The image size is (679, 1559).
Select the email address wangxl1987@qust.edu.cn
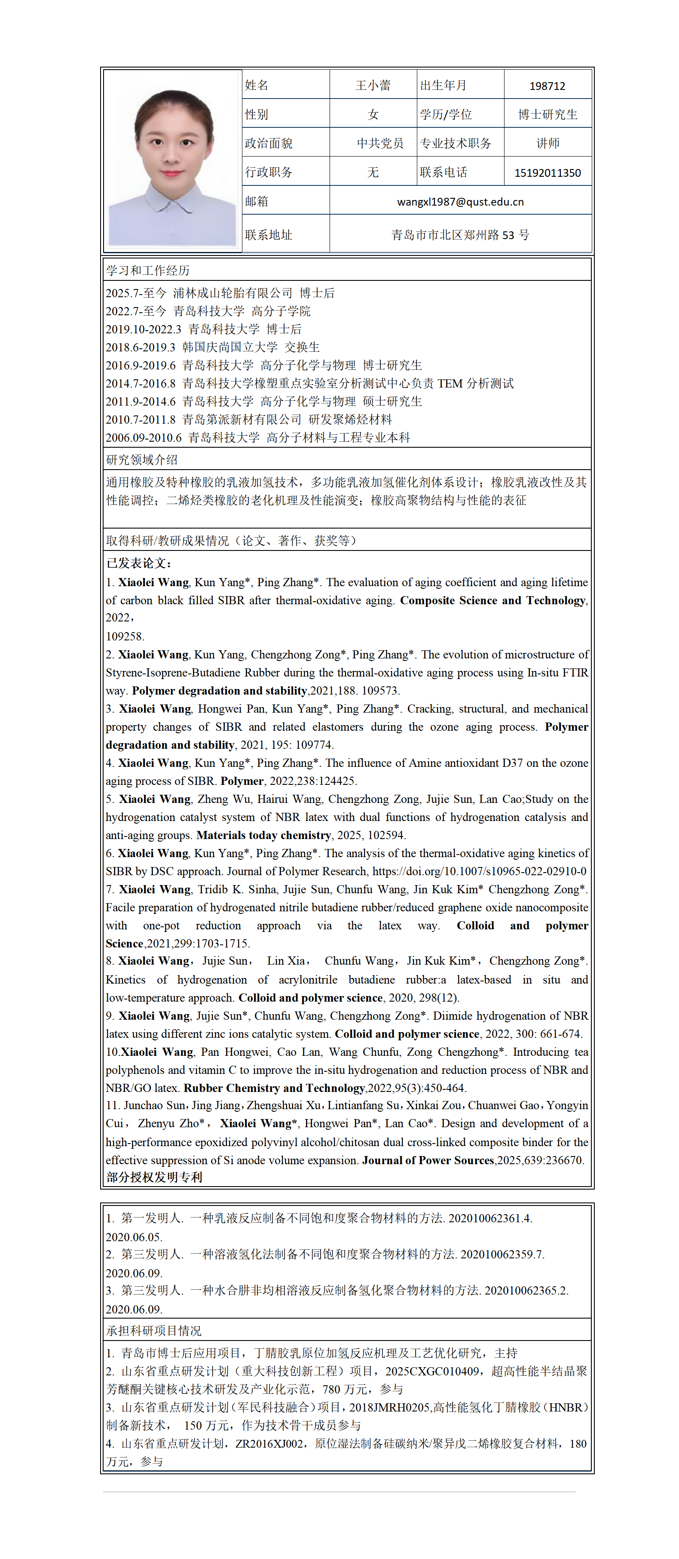(x=460, y=202)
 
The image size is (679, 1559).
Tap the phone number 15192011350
(x=547, y=172)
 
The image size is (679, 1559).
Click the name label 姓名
(x=257, y=85)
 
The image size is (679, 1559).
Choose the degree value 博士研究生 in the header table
(x=547, y=114)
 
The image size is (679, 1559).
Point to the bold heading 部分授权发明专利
(x=154, y=1177)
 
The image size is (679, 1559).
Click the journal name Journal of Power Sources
(x=428, y=1159)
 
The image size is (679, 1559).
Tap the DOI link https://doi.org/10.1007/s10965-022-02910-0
(x=479, y=871)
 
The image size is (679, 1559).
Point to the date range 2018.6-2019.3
(x=140, y=347)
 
